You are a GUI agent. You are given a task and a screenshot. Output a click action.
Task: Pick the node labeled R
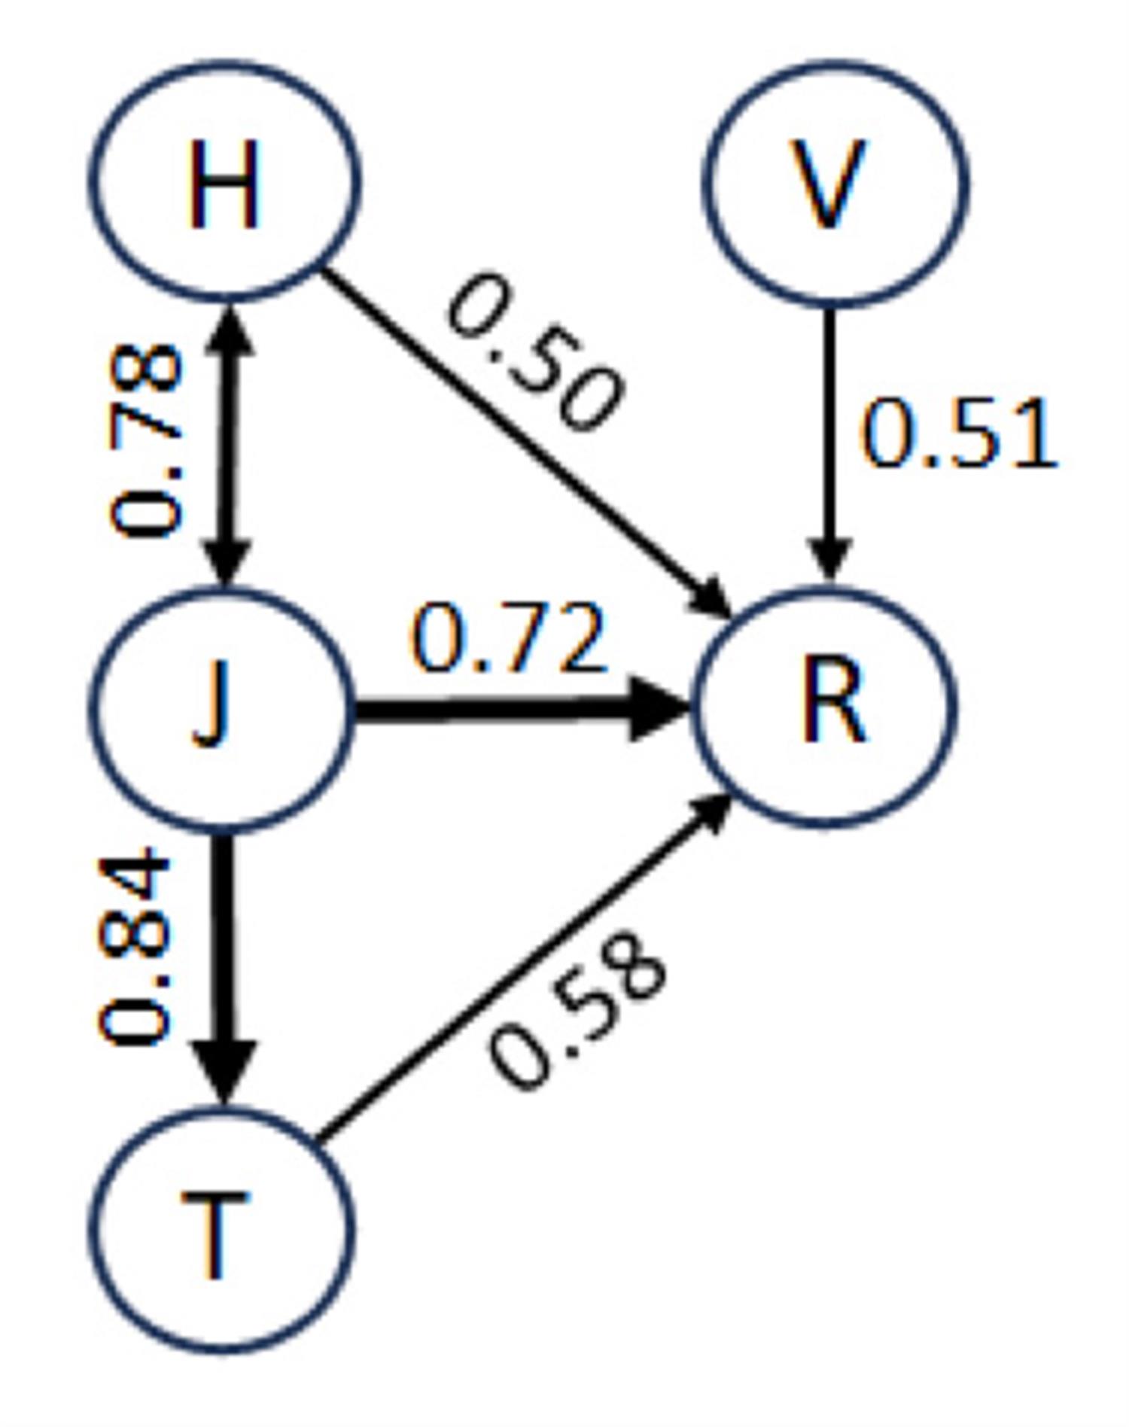pyautogui.click(x=825, y=707)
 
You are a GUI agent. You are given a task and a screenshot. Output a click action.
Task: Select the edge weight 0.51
pyautogui.click(x=957, y=435)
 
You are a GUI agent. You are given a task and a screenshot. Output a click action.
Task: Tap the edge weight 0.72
pyautogui.click(x=508, y=638)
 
